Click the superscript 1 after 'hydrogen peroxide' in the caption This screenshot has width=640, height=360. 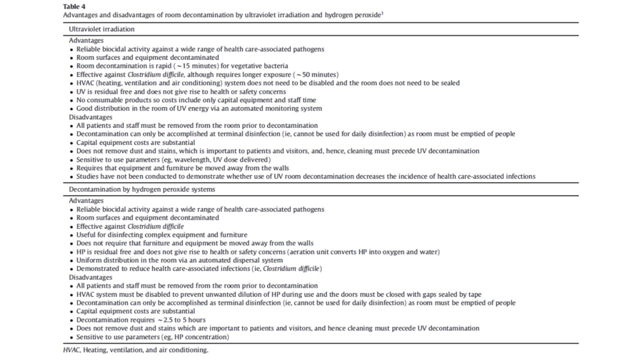(382, 13)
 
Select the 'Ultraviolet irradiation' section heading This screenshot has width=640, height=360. (101, 29)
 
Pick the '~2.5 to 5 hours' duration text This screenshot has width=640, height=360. (181, 320)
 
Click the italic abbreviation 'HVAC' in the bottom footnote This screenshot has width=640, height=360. (71, 350)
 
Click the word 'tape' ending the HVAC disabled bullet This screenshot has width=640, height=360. (474, 294)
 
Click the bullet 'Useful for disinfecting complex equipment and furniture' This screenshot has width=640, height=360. (161, 235)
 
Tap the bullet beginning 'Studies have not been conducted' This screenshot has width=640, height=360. (305, 176)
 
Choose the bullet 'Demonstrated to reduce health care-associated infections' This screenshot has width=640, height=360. (199, 269)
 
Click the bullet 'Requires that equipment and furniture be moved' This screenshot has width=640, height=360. (182, 168)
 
